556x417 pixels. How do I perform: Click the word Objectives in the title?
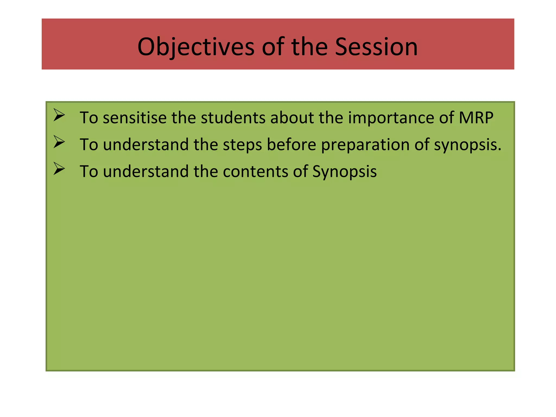click(196, 47)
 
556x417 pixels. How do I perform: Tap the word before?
click(291, 144)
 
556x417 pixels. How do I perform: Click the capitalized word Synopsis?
click(344, 171)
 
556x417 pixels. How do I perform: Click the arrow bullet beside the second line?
click(59, 142)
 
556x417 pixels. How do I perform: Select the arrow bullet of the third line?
click(59, 169)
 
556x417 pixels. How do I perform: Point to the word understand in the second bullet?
click(146, 144)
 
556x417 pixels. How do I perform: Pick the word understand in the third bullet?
click(146, 171)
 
